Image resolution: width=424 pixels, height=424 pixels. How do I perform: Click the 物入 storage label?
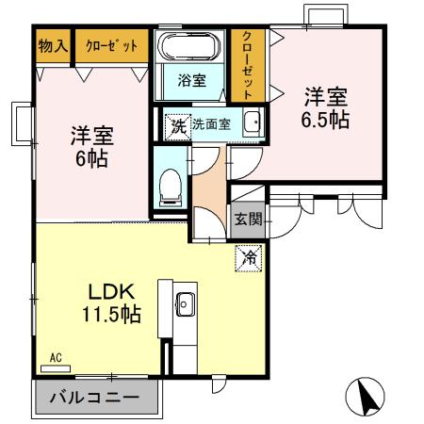click(x=53, y=45)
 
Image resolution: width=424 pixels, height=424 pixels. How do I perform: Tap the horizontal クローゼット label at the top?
click(x=111, y=45)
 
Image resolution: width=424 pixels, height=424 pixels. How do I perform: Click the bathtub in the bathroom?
click(x=190, y=47)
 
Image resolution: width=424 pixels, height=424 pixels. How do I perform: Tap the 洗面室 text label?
click(x=211, y=124)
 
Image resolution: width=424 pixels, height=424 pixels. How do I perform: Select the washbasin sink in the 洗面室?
click(x=252, y=123)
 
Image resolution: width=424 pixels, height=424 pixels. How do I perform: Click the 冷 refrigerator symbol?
click(x=252, y=255)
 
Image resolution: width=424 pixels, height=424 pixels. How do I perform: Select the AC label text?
click(x=56, y=358)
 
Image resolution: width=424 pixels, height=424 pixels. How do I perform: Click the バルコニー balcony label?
click(x=94, y=398)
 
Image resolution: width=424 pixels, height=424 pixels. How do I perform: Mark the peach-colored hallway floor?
click(x=209, y=188)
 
